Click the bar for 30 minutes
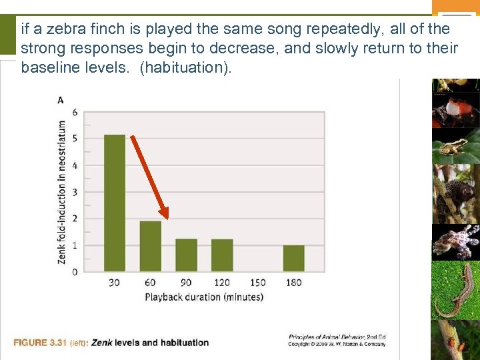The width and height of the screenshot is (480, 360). [115, 203]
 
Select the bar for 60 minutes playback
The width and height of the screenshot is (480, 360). [151, 246]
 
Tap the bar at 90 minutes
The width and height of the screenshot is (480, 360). [187, 255]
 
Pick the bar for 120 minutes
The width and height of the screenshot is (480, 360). [222, 255]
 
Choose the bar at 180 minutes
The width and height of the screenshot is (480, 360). [294, 258]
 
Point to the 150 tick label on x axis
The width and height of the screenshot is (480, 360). [258, 283]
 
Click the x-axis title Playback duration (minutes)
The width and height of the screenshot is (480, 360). [204, 297]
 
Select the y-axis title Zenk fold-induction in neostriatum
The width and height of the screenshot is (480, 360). [62, 192]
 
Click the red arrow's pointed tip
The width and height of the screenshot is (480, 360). [167, 218]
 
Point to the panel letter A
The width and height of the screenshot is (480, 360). [61, 100]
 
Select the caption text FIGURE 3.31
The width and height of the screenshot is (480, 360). [39, 343]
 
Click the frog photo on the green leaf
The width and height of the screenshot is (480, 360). [455, 146]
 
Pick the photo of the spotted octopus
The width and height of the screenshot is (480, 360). [455, 241]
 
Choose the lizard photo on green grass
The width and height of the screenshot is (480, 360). [455, 291]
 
